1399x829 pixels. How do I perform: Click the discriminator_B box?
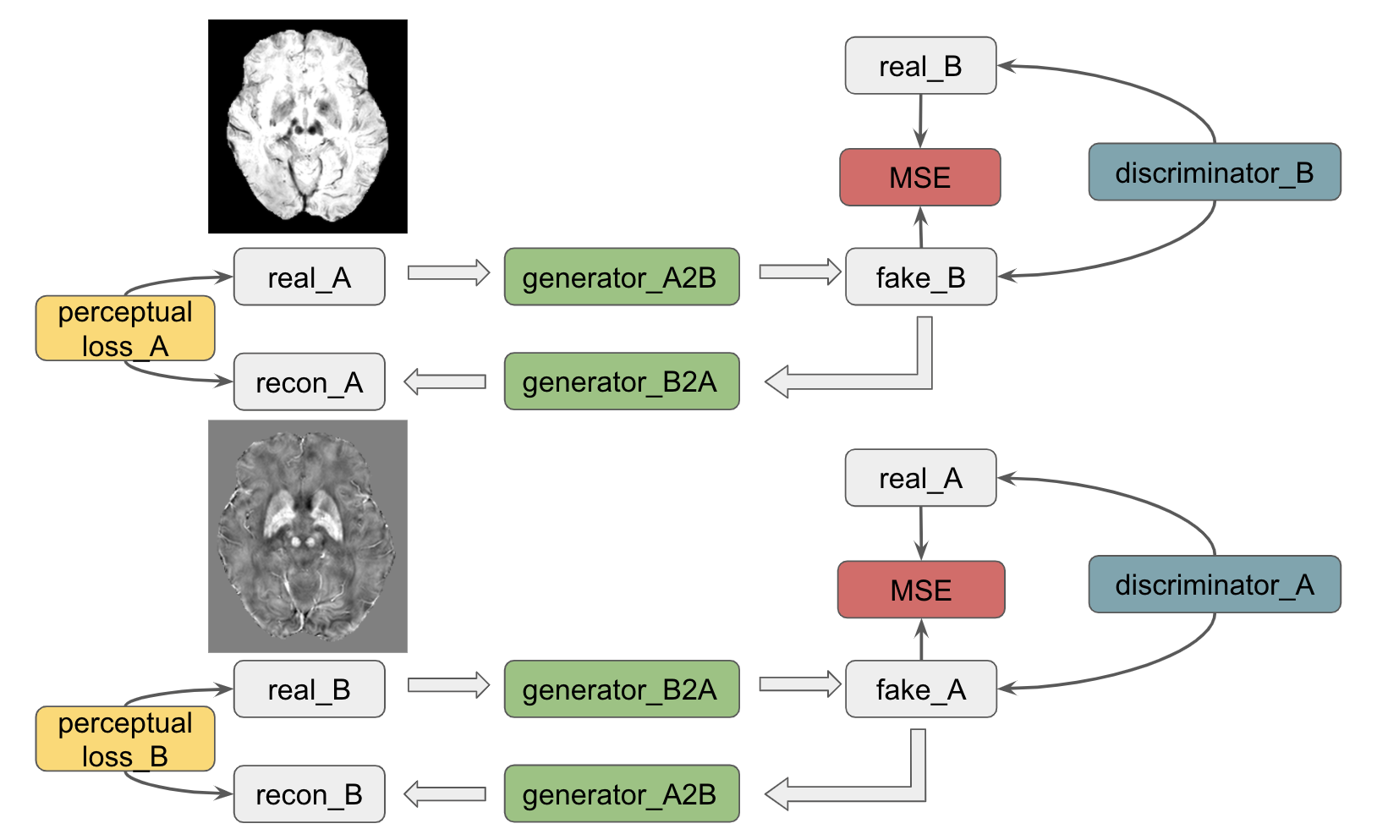click(x=1214, y=172)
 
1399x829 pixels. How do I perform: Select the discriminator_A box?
click(x=1214, y=584)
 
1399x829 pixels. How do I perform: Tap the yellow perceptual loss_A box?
click(x=125, y=328)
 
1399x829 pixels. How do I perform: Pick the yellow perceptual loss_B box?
click(x=125, y=739)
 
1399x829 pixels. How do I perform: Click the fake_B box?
click(x=920, y=277)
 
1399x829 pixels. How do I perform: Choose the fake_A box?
click(x=920, y=689)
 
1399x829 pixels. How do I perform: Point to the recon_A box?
click(x=309, y=382)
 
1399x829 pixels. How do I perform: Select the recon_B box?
click(x=309, y=793)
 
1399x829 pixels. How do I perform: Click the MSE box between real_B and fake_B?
click(x=919, y=177)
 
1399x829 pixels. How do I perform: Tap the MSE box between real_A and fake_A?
click(x=920, y=590)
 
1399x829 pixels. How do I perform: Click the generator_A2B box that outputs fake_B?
click(x=621, y=277)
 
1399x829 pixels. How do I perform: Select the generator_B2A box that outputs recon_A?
click(x=621, y=382)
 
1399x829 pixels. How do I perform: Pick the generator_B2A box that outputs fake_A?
click(x=621, y=689)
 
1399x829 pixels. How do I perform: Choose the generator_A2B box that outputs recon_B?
click(x=621, y=793)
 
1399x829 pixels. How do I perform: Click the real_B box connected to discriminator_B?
click(x=920, y=65)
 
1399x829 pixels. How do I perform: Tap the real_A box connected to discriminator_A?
click(x=920, y=478)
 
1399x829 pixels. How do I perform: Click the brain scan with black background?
click(x=308, y=126)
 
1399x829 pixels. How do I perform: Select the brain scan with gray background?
click(x=308, y=536)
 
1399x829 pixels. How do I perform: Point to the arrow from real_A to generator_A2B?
click(x=447, y=272)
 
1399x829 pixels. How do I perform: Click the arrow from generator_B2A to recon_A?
click(x=445, y=382)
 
